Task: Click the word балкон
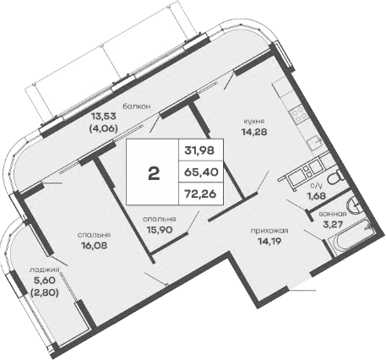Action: [137, 106]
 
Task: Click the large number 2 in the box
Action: [154, 174]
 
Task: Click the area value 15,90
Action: [159, 227]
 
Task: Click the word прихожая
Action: [269, 230]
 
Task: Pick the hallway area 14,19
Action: [269, 240]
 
